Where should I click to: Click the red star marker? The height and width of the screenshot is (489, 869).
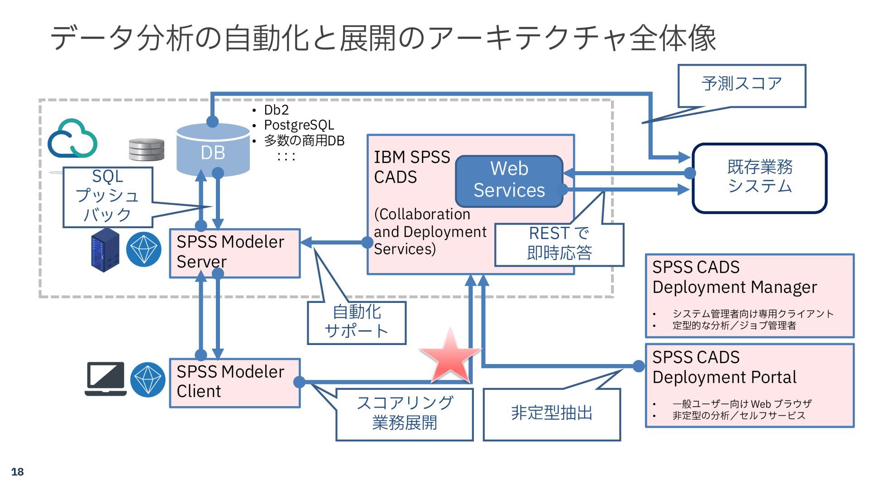click(450, 357)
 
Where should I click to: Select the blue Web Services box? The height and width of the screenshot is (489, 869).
click(509, 180)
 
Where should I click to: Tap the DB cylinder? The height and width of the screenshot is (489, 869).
click(213, 150)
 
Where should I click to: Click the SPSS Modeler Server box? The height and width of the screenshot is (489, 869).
click(234, 253)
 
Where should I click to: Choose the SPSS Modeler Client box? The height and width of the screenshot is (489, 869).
click(234, 383)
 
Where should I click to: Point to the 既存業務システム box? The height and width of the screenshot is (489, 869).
click(759, 177)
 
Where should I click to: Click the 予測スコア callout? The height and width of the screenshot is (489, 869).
click(741, 85)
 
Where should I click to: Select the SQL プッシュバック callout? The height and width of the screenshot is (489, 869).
click(108, 197)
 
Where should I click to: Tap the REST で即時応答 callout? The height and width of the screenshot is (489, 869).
click(559, 244)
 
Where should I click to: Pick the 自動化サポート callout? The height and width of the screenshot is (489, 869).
click(357, 322)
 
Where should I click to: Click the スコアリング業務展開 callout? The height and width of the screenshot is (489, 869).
click(404, 413)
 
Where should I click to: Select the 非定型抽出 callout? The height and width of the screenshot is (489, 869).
click(551, 413)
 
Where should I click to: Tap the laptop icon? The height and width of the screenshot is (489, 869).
click(106, 379)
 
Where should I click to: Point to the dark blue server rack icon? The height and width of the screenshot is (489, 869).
click(105, 250)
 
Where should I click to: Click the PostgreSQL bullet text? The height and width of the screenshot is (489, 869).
click(299, 125)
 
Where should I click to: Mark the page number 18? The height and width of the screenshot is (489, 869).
click(17, 472)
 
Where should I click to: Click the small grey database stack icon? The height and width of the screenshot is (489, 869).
click(146, 149)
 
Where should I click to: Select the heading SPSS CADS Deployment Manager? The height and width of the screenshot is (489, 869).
click(734, 277)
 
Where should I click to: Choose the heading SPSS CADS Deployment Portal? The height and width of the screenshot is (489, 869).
click(724, 367)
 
